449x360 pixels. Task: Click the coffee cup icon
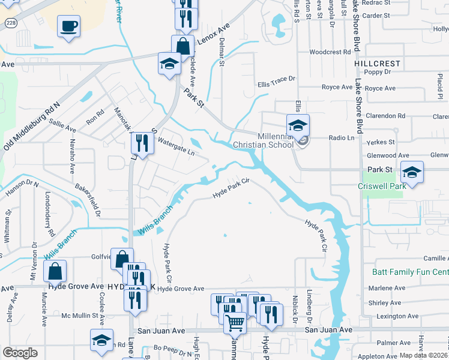click(x=68, y=26)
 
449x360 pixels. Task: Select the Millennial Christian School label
click(x=276, y=140)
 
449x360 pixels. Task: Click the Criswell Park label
click(x=382, y=186)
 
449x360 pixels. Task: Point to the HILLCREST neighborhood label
click(x=376, y=63)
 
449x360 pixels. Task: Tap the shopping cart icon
click(x=235, y=322)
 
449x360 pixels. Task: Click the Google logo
click(x=20, y=353)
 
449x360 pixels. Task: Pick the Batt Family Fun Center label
click(x=410, y=272)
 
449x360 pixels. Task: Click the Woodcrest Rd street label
click(x=330, y=52)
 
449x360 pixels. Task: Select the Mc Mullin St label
click(x=80, y=315)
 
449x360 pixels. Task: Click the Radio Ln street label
click(x=342, y=137)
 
